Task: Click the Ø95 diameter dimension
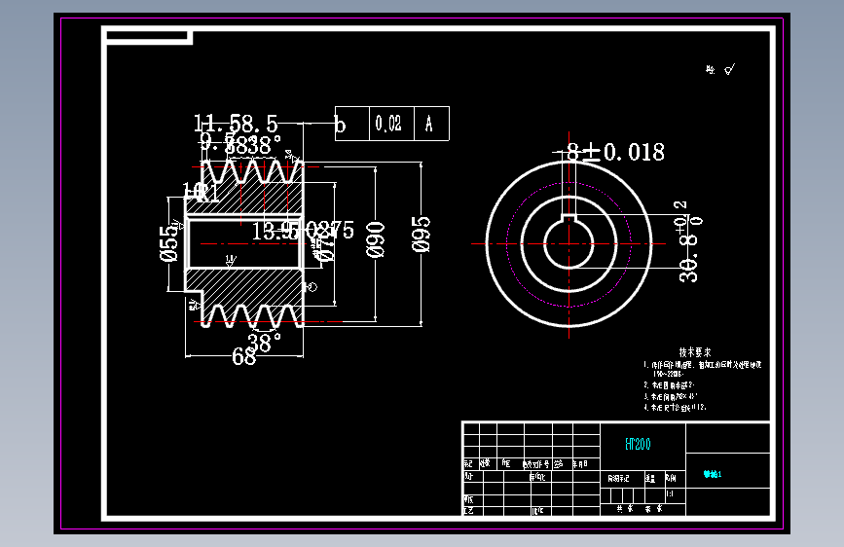click(x=422, y=235)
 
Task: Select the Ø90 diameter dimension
click(x=376, y=239)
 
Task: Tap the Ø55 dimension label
click(x=168, y=243)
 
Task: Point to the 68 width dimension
click(x=243, y=357)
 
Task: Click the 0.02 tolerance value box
click(x=387, y=124)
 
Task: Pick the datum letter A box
click(x=429, y=124)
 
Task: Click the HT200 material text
click(x=638, y=444)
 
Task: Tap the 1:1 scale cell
click(x=670, y=493)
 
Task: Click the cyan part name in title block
click(x=714, y=476)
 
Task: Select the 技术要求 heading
click(x=694, y=352)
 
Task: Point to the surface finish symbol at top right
click(x=722, y=69)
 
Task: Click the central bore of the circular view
click(x=569, y=245)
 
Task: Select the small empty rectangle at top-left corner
click(x=147, y=37)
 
